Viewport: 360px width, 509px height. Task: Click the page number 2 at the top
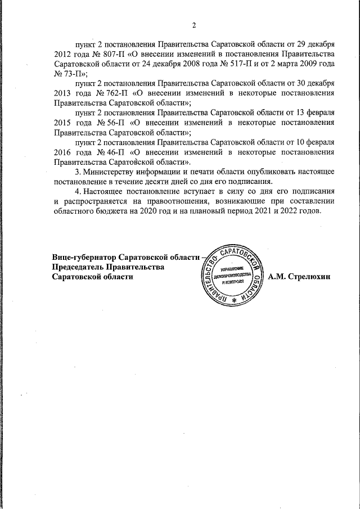coord(193,25)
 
